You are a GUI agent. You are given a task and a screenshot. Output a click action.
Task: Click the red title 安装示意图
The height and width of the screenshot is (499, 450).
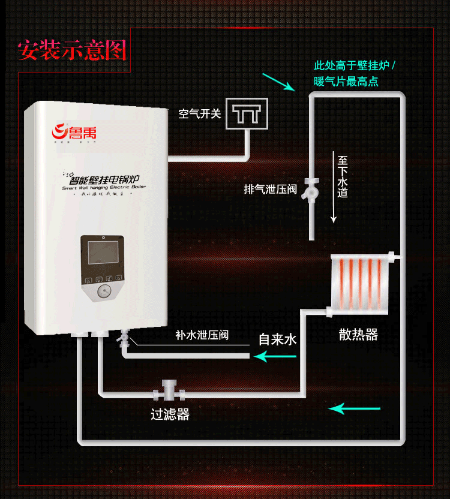tap(72, 50)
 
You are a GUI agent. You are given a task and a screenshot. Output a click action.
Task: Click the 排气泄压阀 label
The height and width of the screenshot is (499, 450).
tap(271, 190)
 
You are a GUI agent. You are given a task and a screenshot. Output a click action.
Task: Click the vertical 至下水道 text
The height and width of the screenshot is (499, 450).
tap(343, 177)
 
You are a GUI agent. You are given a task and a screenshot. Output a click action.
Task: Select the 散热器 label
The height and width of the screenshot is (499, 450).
tap(358, 335)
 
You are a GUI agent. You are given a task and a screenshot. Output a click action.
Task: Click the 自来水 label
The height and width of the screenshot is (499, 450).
tap(278, 339)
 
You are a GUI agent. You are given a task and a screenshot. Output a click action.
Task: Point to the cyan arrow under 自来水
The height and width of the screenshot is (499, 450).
tap(275, 357)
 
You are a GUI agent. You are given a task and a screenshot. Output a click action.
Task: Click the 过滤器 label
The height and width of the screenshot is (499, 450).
tap(170, 414)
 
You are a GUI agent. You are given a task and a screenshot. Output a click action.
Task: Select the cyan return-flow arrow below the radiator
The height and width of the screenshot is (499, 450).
tap(355, 409)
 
